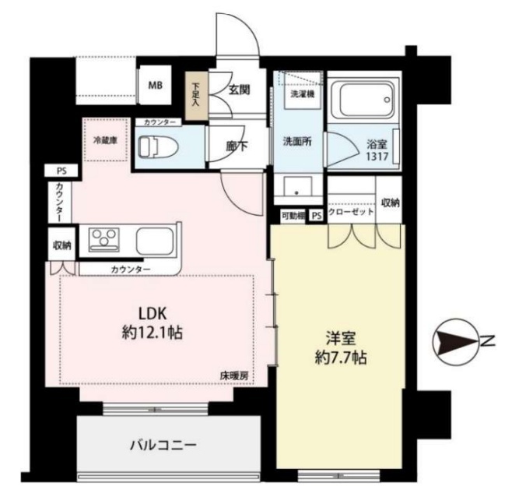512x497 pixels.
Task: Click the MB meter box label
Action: point(156,86)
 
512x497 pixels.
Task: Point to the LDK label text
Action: point(153,314)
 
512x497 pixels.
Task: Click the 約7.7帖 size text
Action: point(341,358)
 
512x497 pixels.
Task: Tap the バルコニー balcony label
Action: point(163,446)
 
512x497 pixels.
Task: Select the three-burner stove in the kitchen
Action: point(104,240)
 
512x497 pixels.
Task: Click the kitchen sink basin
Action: point(154,241)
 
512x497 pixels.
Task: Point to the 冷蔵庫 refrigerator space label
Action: point(105,140)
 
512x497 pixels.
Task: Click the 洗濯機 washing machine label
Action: point(303,94)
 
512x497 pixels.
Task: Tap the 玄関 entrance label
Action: point(240,90)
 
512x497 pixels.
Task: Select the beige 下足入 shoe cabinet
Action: point(197,96)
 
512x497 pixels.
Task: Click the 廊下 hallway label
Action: point(237,146)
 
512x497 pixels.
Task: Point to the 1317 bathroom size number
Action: point(377,157)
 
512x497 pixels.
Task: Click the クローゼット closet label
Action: point(351,212)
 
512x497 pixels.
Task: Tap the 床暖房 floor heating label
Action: point(233,376)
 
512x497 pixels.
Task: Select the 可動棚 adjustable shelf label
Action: point(293,216)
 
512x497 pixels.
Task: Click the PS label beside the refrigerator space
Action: point(61,171)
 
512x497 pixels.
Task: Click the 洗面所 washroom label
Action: point(296,142)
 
